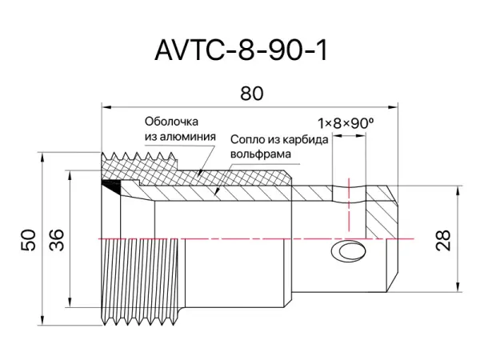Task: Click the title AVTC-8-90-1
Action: [241, 50]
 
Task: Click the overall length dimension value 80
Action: [251, 94]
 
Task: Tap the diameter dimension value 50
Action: [29, 241]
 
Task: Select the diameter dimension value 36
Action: [57, 240]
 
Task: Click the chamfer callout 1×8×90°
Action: [346, 123]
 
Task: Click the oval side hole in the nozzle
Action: [350, 252]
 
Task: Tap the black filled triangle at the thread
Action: [114, 186]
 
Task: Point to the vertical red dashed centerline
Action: [349, 204]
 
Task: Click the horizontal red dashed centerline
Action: [240, 238]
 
